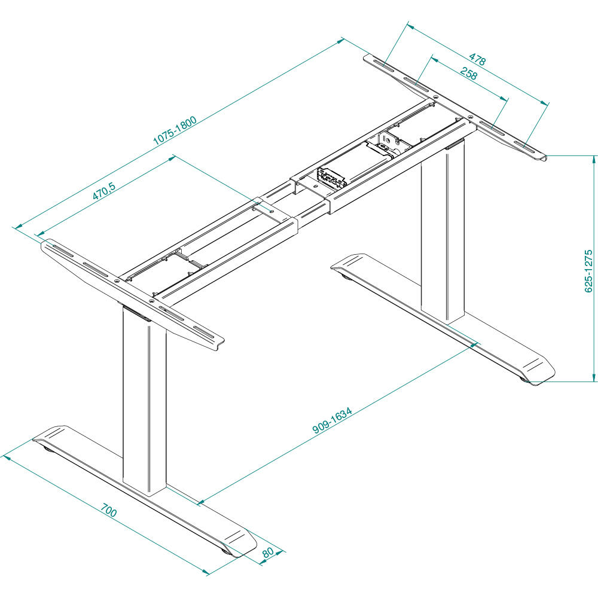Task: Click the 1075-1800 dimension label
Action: (175, 130)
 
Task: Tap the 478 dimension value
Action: (477, 59)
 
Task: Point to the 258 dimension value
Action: (468, 74)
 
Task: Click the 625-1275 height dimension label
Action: (588, 271)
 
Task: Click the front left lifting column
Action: (144, 401)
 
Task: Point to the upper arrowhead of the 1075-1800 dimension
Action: (343, 41)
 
